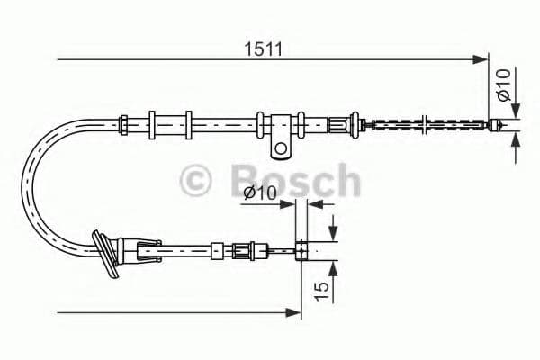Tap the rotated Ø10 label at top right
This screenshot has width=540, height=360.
tap(504, 85)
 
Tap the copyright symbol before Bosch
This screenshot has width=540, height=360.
tap(197, 180)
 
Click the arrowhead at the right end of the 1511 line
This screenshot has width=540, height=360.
tap(481, 60)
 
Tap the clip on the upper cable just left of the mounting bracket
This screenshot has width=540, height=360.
tap(261, 123)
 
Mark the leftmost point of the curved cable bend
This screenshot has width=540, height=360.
tap(23, 184)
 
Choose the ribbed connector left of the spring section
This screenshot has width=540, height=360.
tap(340, 124)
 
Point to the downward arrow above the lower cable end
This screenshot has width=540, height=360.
tap(334, 233)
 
